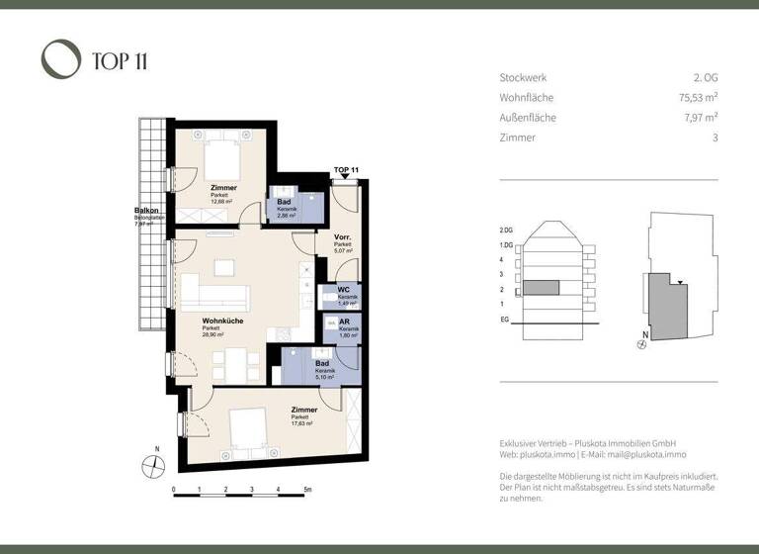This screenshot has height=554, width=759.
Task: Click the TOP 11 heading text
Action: [x=121, y=61]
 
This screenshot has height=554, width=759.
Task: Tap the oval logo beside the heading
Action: [x=60, y=59]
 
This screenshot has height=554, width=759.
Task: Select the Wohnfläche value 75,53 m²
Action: [x=696, y=98]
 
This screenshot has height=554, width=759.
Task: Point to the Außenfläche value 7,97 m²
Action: [x=699, y=118]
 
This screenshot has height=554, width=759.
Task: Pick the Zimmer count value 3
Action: [x=714, y=138]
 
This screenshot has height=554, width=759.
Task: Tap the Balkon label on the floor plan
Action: [x=147, y=211]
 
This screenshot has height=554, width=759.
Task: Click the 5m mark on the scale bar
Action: [x=307, y=490]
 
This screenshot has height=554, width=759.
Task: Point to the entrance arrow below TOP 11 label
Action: [x=345, y=178]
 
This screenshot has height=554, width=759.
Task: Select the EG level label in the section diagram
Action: [x=505, y=321]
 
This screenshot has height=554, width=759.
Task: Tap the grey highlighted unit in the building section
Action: [x=541, y=288]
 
